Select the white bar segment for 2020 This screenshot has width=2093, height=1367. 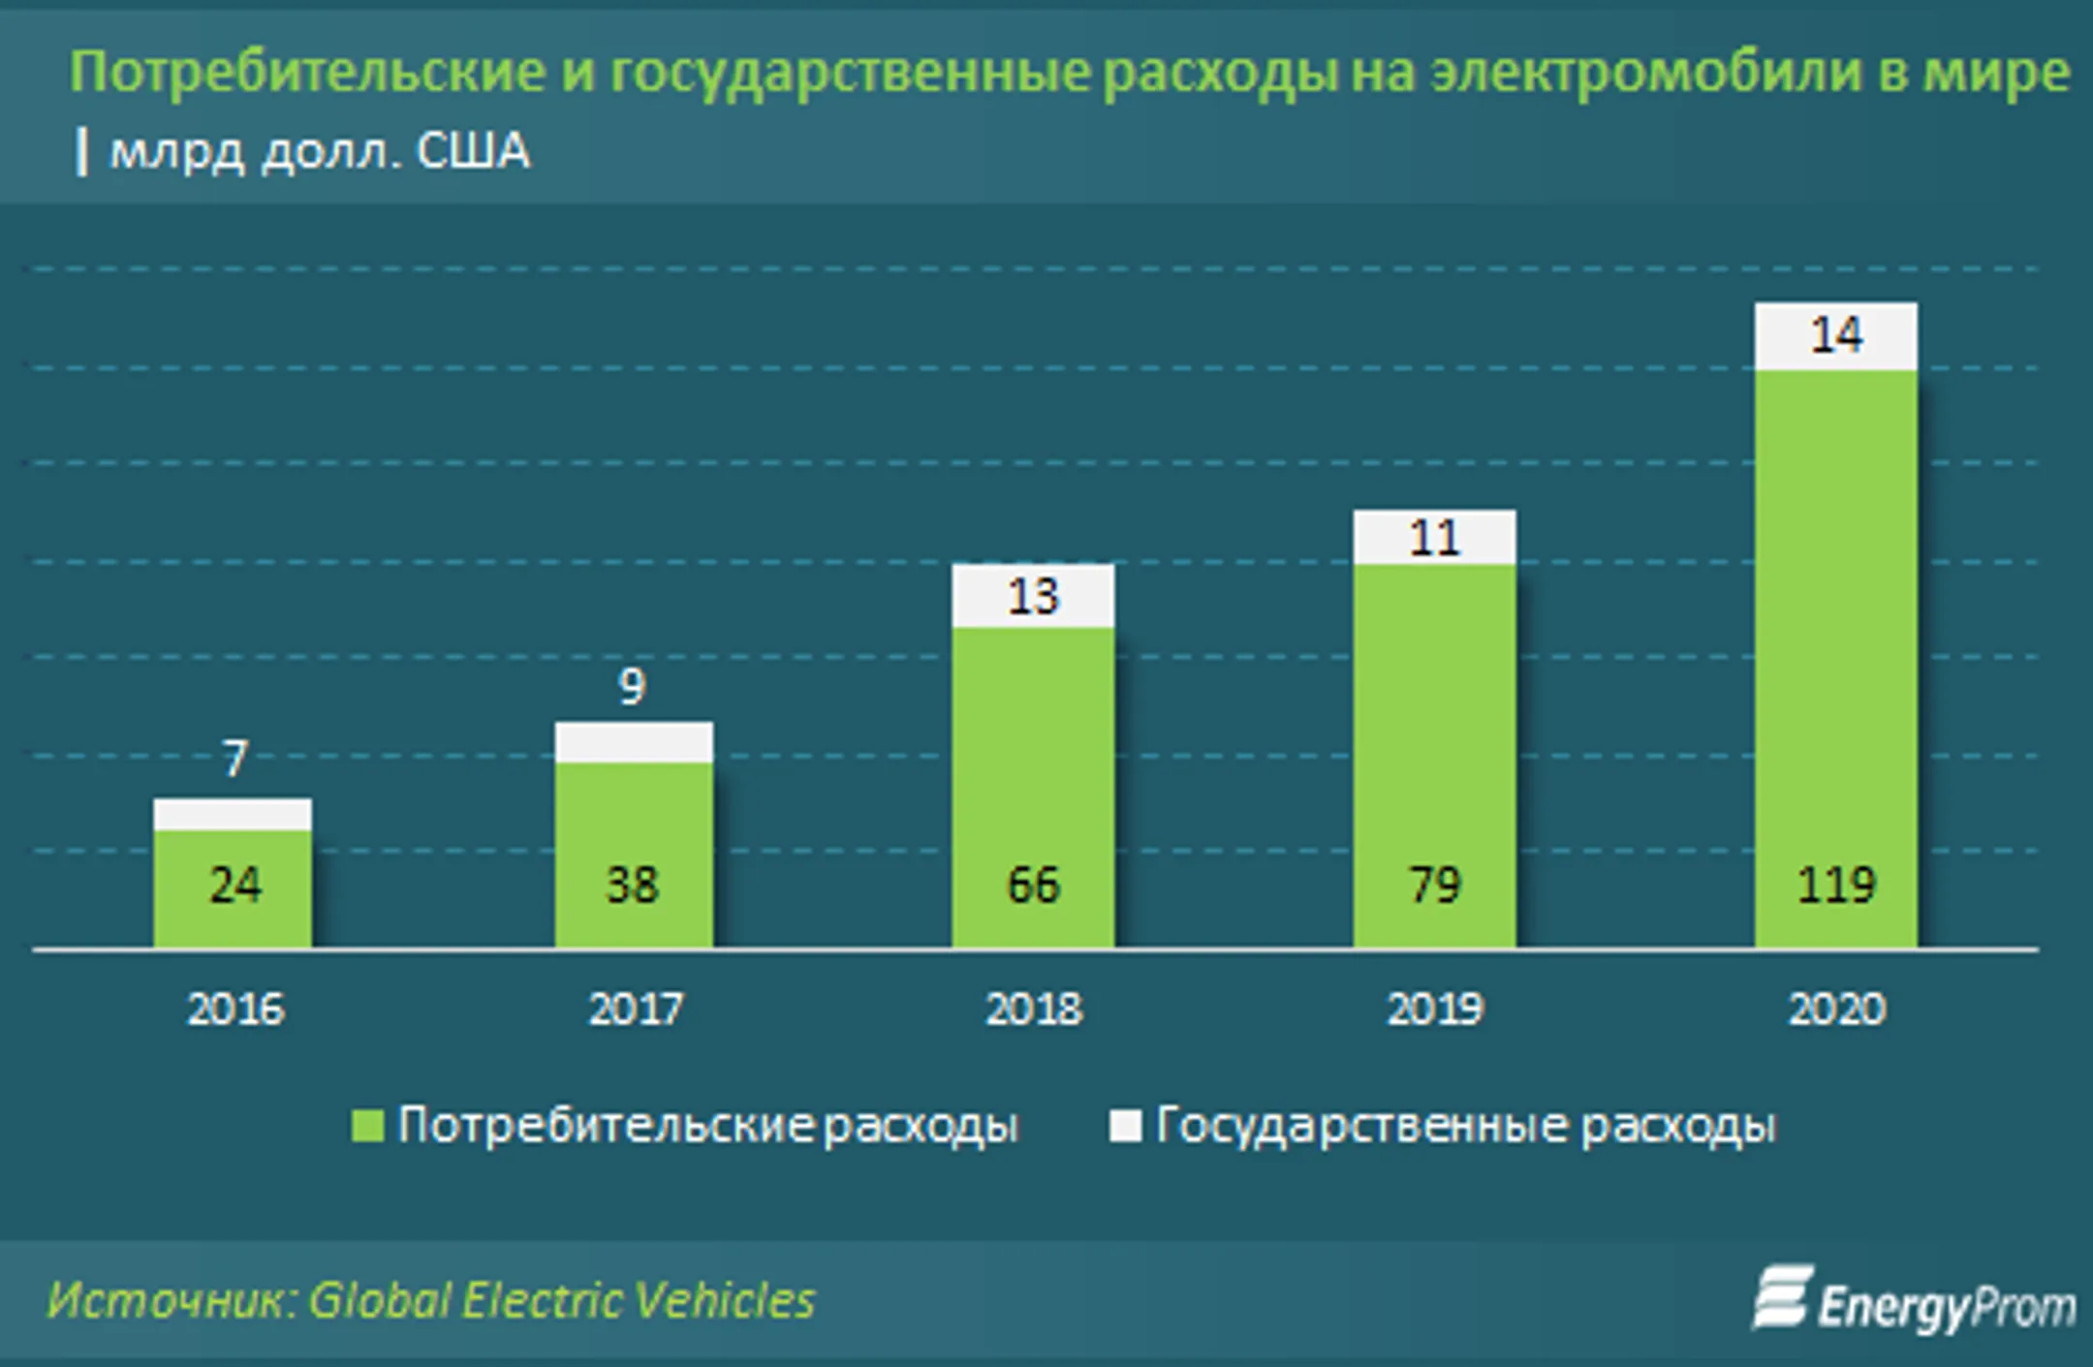click(1835, 336)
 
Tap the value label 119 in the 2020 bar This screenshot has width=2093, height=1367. click(1835, 885)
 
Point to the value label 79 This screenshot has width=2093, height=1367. click(1434, 885)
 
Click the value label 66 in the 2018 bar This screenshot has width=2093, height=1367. click(1033, 885)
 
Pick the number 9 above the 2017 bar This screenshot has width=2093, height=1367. click(632, 687)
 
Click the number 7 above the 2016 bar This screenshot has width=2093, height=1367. click(234, 759)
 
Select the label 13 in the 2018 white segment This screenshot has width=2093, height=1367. click(1033, 597)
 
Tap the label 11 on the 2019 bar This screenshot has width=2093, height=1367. click(1434, 538)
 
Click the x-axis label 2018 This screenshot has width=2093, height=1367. click(1033, 1010)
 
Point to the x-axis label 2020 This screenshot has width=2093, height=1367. click(1836, 1010)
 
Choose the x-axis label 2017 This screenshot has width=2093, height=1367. click(635, 1010)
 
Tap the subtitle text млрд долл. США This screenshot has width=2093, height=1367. click(320, 152)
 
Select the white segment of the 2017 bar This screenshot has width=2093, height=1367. click(634, 742)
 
